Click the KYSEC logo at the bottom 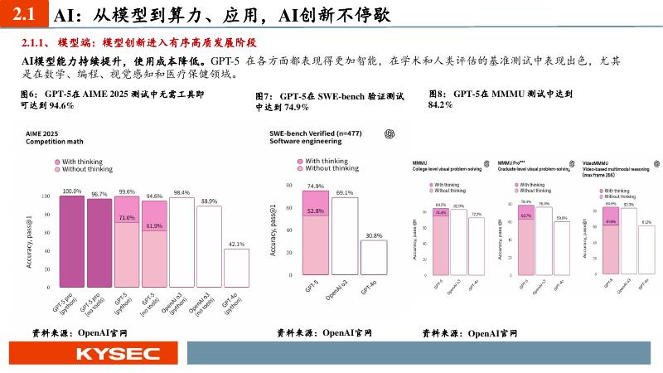point(118,355)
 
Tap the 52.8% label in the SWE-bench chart point(315,211)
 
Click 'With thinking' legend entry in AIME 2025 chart point(85,161)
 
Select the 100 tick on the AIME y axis point(45,196)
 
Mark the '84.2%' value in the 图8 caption point(440,105)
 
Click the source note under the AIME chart point(80,332)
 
